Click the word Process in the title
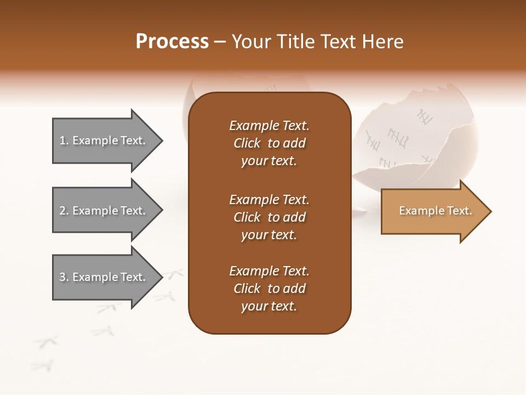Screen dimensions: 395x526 pyautogui.click(x=172, y=42)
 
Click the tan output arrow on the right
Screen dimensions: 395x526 pyautogui.click(x=433, y=211)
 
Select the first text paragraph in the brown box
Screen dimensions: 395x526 pyautogui.click(x=269, y=143)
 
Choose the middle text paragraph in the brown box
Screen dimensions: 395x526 pyautogui.click(x=269, y=217)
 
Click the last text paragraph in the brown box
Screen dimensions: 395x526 pyautogui.click(x=269, y=289)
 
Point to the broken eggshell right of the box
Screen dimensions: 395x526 pyautogui.click(x=416, y=143)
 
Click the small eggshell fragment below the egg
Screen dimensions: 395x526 pyautogui.click(x=359, y=210)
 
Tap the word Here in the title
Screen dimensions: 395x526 pyautogui.click(x=385, y=42)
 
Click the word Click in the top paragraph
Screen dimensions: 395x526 pyautogui.click(x=247, y=143)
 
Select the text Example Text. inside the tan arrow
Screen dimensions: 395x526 pyautogui.click(x=435, y=211)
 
